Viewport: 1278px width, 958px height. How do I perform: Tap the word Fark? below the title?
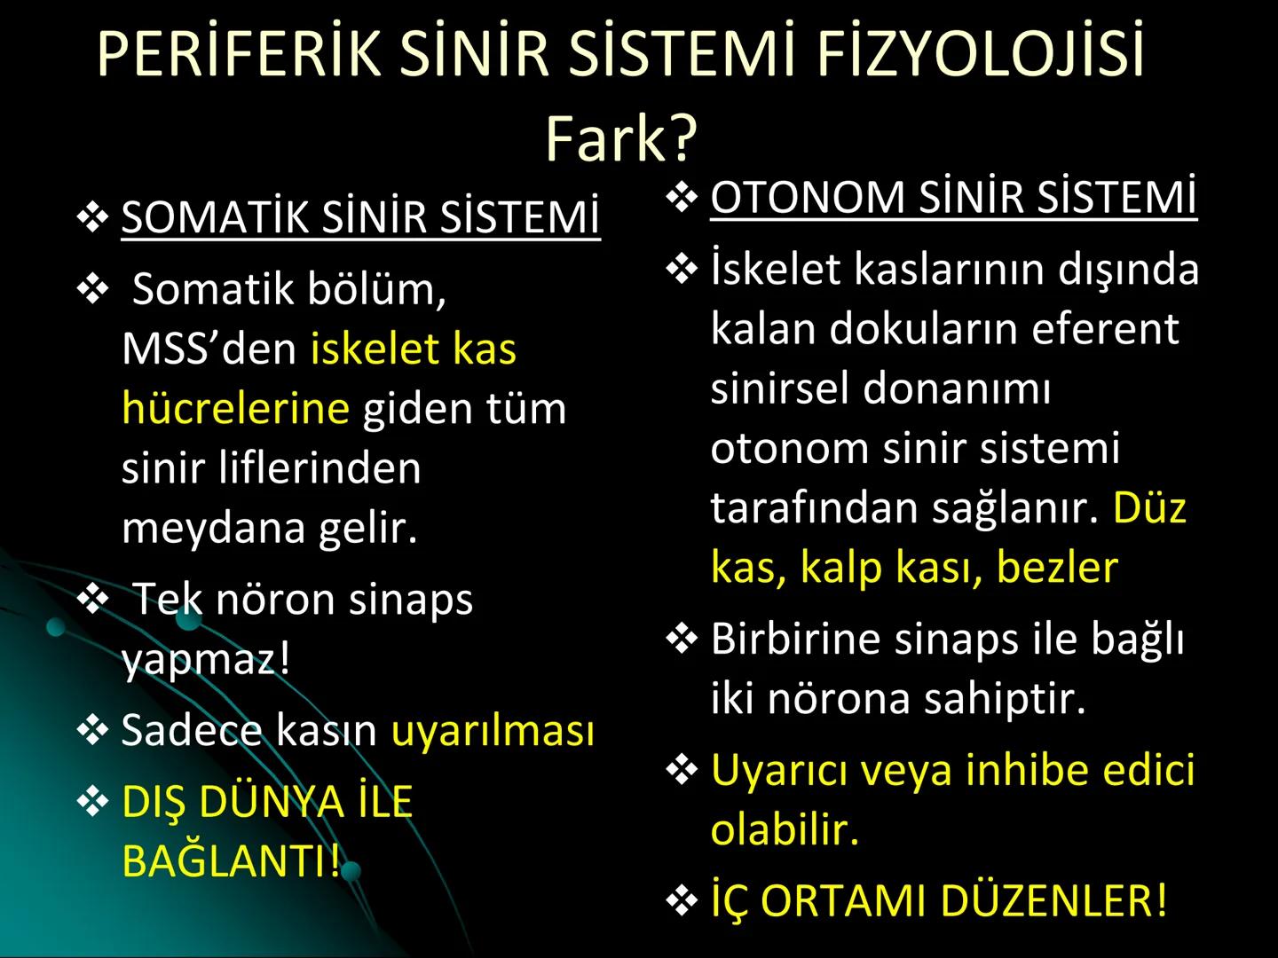click(621, 138)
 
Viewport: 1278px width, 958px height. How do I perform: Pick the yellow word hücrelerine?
click(235, 408)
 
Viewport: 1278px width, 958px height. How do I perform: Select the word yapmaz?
click(206, 658)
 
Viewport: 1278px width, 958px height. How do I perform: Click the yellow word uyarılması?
click(493, 730)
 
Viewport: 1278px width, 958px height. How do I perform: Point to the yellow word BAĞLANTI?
click(231, 860)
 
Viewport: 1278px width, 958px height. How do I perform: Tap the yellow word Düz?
click(1149, 507)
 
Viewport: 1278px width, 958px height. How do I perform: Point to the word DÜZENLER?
click(1053, 900)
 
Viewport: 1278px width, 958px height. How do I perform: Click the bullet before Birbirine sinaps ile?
click(681, 639)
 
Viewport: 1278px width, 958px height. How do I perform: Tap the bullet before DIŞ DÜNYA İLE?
click(92, 802)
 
